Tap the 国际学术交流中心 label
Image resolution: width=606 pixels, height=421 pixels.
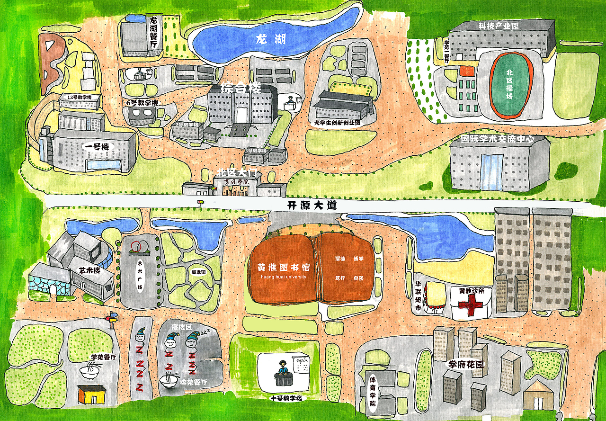click(x=498, y=139)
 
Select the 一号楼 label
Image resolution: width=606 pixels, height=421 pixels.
click(x=98, y=147)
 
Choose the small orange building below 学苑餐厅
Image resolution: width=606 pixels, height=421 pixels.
click(x=91, y=394)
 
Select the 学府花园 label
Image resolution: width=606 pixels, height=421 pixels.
click(x=466, y=365)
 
